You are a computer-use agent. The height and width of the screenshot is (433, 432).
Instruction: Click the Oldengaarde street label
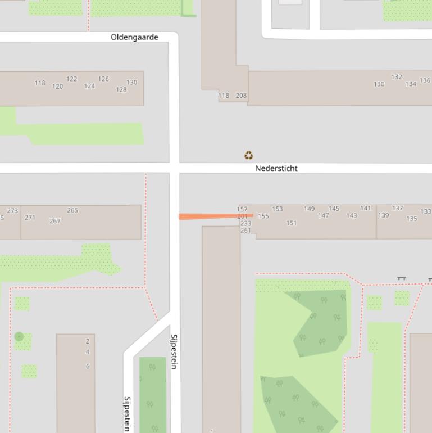coord(134,37)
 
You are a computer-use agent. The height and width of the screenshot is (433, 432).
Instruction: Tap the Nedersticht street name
coord(276,168)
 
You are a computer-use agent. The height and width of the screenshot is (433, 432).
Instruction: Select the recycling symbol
coord(249,155)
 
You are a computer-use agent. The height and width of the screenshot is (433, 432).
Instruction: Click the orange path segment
coord(216,216)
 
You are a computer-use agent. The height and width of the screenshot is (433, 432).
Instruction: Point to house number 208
coord(241,96)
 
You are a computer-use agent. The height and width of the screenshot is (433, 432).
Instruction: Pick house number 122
coord(72,79)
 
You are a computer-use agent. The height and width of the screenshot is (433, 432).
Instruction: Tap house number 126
coord(103,79)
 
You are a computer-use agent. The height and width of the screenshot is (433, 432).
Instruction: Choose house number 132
coord(397,77)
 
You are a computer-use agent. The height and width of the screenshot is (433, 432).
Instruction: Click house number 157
coord(242,209)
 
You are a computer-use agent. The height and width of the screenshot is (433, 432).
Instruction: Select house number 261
coord(245,231)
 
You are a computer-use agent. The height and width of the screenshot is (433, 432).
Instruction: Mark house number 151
coord(292,223)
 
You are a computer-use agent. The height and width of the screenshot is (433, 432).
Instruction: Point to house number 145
coord(334,209)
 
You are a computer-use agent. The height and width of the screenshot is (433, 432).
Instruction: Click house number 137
coord(398,208)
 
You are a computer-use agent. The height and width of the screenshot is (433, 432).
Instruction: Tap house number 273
coord(12,211)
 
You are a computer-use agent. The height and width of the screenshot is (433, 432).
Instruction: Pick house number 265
coord(72,210)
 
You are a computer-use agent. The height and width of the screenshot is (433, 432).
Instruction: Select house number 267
coord(54,221)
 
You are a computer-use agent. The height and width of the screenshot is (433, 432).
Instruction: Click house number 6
coord(88,366)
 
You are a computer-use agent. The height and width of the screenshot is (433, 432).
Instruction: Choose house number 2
coord(88,341)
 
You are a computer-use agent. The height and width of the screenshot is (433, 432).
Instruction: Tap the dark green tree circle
coord(19,337)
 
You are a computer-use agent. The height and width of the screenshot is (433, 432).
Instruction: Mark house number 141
coord(366,208)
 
